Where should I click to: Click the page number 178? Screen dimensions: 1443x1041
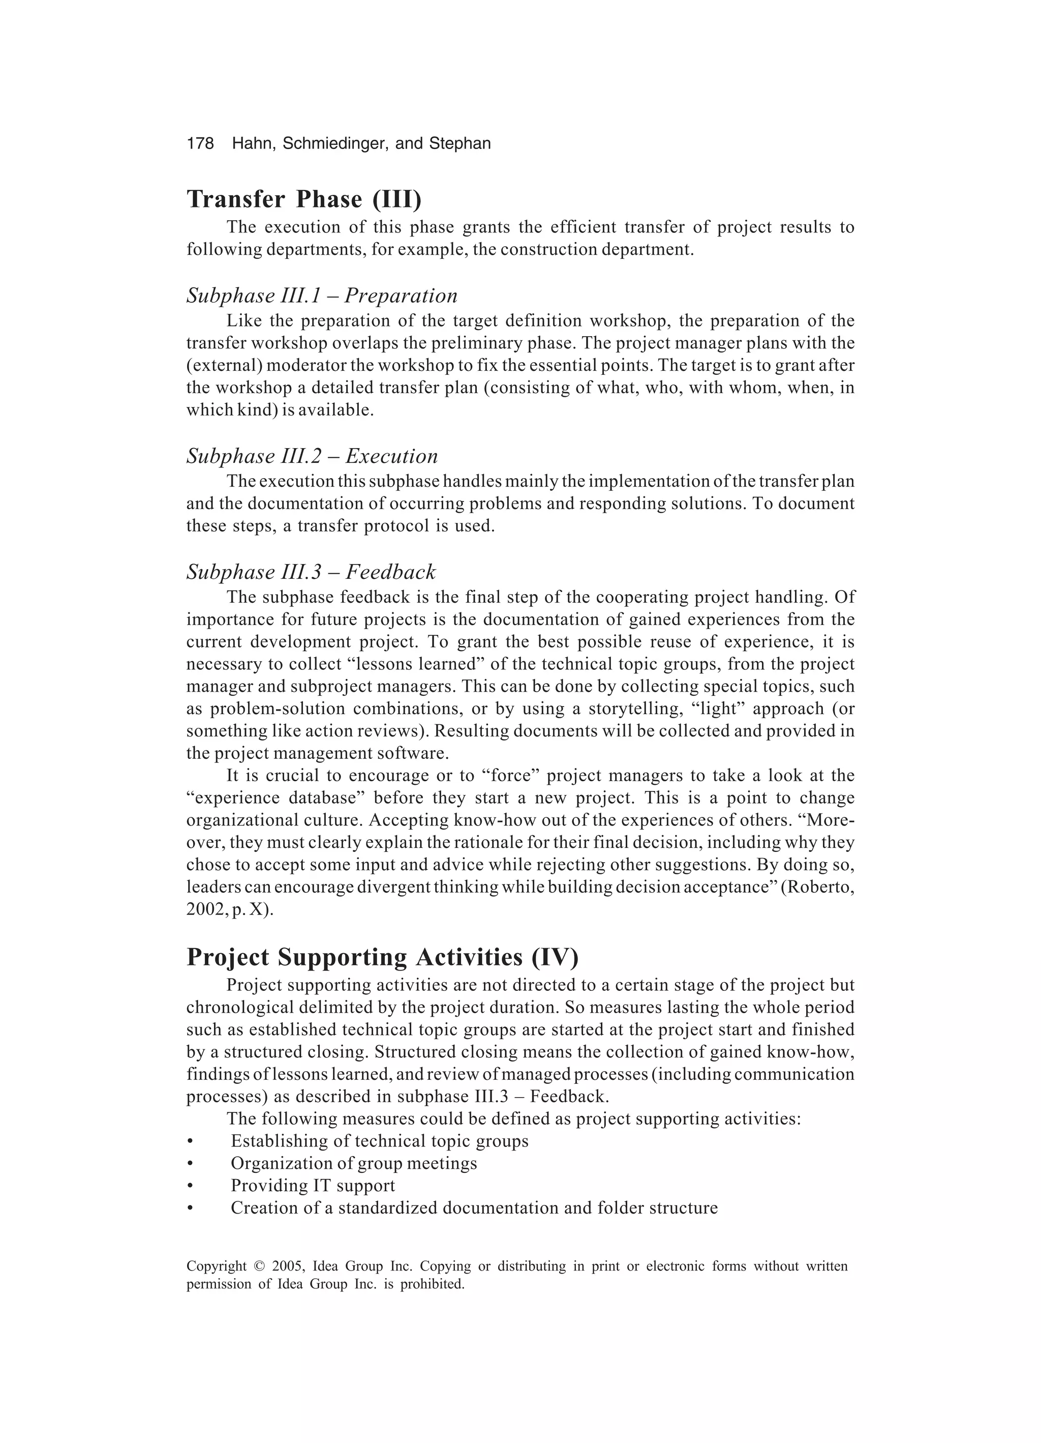(x=200, y=144)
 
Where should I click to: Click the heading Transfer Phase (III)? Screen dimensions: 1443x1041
(x=304, y=199)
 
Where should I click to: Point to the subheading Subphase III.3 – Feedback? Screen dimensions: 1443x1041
(x=311, y=572)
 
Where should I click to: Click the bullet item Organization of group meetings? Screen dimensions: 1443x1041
(x=354, y=1163)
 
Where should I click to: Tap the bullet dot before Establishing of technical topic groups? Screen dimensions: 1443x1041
(x=190, y=1141)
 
